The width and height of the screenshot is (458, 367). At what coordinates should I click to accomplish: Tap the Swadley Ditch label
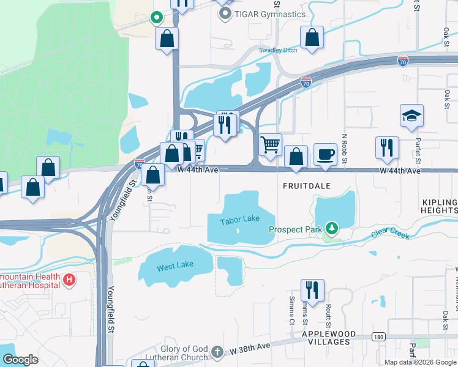pos(278,50)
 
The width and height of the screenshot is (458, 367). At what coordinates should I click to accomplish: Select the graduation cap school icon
pos(412,116)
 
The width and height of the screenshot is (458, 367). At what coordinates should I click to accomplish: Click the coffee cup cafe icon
pos(325,154)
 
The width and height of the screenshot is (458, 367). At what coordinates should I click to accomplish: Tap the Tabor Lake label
pos(239,219)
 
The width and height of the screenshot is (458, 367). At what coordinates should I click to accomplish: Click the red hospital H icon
pos(70,280)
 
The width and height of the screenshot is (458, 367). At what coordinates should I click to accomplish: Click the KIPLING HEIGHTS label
pos(440,206)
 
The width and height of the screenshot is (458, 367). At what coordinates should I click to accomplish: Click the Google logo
pos(20,360)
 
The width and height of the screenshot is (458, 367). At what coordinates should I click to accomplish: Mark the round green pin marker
pos(156,18)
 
